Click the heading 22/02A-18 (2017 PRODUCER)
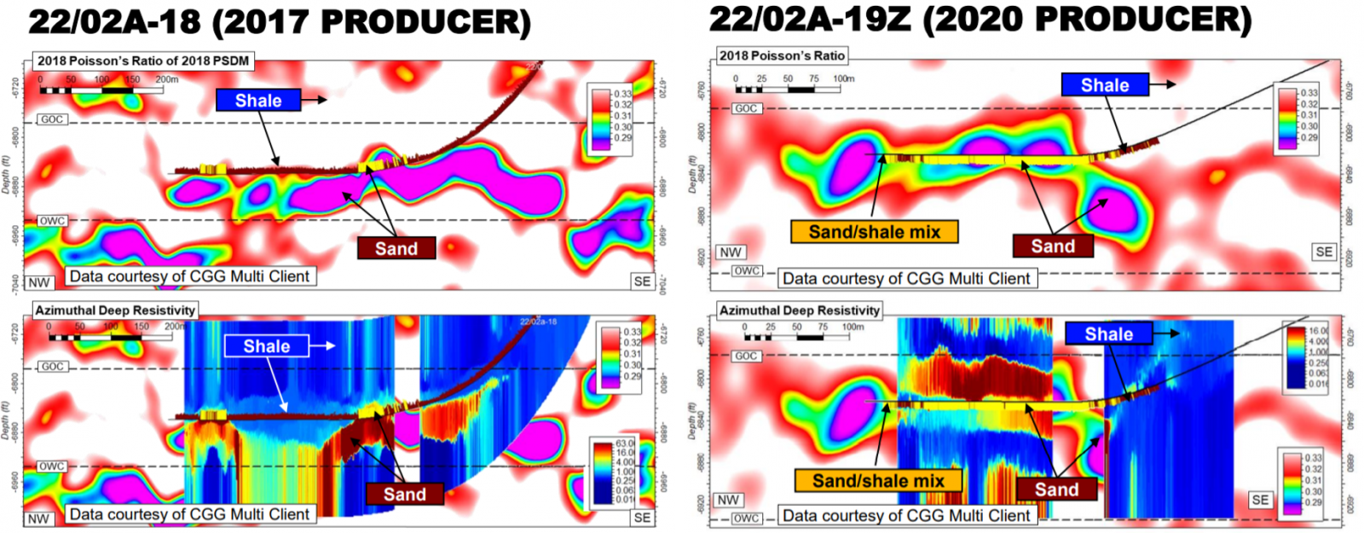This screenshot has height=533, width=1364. point(280,23)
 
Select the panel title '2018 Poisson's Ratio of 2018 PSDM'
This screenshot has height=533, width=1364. point(143,61)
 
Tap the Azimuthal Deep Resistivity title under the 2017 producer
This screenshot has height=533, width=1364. point(115,310)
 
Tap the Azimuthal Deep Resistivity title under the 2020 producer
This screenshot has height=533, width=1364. point(799,310)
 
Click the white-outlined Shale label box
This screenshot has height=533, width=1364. point(266,346)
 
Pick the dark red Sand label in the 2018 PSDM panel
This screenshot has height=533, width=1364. point(396,248)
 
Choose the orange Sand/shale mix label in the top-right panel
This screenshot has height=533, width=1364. point(874,232)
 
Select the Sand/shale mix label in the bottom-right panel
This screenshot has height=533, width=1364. point(878,481)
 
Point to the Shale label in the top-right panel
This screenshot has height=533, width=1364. point(1105,85)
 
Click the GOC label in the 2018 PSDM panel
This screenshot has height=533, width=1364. point(52,119)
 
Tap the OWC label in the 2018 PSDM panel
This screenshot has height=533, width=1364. point(52,221)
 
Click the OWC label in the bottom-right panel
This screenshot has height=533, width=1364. point(746,518)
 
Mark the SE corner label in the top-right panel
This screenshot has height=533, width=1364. point(1324,252)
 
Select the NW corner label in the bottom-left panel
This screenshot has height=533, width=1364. point(38,519)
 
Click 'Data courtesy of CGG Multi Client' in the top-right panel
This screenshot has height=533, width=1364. point(906,279)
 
